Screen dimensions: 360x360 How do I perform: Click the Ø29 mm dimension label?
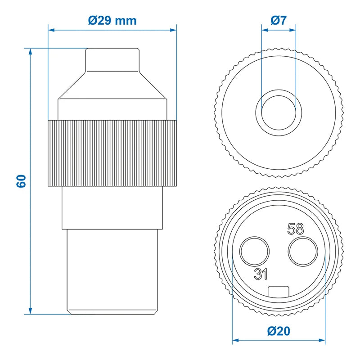[112, 20]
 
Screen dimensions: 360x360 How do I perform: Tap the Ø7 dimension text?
[279, 20]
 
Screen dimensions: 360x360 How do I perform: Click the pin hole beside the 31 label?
[254, 252]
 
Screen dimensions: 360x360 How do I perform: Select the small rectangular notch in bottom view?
[279, 292]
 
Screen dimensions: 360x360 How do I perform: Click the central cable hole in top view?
[279, 110]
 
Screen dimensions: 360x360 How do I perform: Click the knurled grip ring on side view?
[112, 153]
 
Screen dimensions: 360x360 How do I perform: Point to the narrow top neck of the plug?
[112, 59]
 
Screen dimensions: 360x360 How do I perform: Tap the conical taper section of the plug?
[112, 85]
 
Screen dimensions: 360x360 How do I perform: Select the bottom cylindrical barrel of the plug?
[112, 270]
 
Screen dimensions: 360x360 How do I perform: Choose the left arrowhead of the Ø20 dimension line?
[235, 341]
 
